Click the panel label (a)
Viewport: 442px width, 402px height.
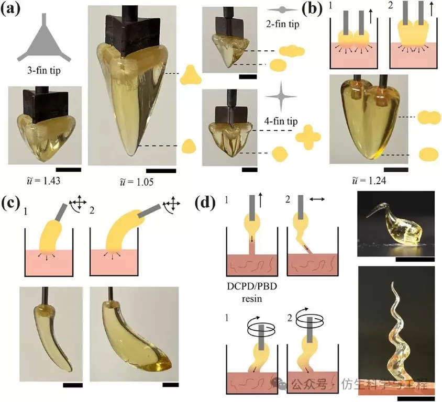click(13, 10)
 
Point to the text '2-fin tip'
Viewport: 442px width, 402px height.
click(283, 24)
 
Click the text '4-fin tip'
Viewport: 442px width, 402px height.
click(281, 122)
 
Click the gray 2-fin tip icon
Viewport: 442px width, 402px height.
click(283, 9)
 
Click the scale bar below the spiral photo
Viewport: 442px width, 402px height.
click(414, 398)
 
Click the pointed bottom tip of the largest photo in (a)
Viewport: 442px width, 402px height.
click(134, 155)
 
